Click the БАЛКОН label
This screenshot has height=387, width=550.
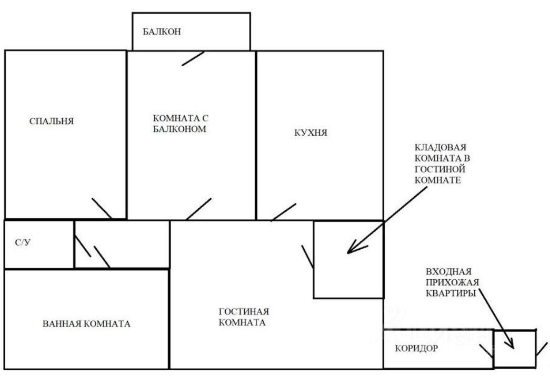[x=162, y=32]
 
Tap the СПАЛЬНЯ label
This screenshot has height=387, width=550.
[x=52, y=121]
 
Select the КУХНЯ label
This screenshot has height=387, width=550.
[x=311, y=133]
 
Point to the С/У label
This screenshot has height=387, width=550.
[x=22, y=243]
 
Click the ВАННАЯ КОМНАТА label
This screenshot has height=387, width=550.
[x=86, y=323]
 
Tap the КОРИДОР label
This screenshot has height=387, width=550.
[x=416, y=348]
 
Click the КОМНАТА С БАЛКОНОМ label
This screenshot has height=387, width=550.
[x=177, y=123]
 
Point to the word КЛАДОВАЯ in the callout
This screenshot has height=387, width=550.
[x=441, y=148]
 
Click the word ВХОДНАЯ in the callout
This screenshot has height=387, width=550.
[x=447, y=272]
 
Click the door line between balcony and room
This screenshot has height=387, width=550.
[x=193, y=58]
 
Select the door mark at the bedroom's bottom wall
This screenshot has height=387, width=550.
[x=101, y=209]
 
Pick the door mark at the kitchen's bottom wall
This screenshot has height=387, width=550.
[x=283, y=212]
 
